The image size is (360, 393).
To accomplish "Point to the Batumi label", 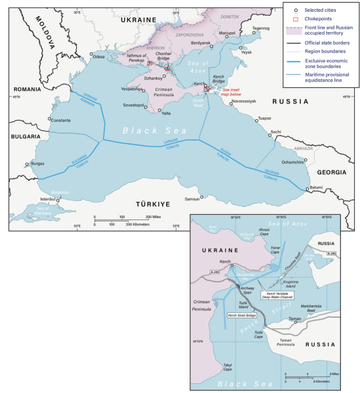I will tap(315, 187).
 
